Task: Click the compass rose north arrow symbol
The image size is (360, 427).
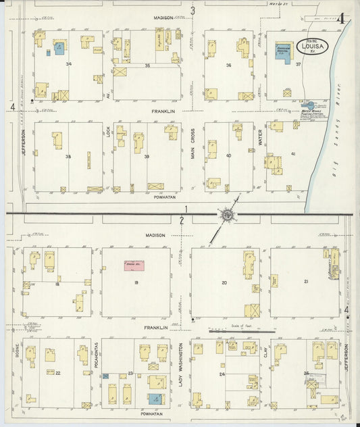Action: click(x=228, y=214)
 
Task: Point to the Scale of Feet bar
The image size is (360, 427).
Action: click(x=242, y=331)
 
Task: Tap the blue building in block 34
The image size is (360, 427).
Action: click(x=59, y=48)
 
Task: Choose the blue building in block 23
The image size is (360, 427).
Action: click(x=154, y=399)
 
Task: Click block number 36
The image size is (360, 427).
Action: click(x=229, y=66)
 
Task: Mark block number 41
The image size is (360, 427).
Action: click(x=293, y=155)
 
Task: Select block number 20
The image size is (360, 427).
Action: click(x=224, y=282)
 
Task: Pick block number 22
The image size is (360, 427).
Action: click(x=58, y=373)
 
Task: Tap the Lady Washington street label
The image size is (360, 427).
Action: click(x=181, y=372)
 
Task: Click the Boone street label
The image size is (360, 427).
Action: click(x=15, y=354)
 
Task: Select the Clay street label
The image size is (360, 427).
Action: click(x=265, y=352)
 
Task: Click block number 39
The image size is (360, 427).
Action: click(x=147, y=156)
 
